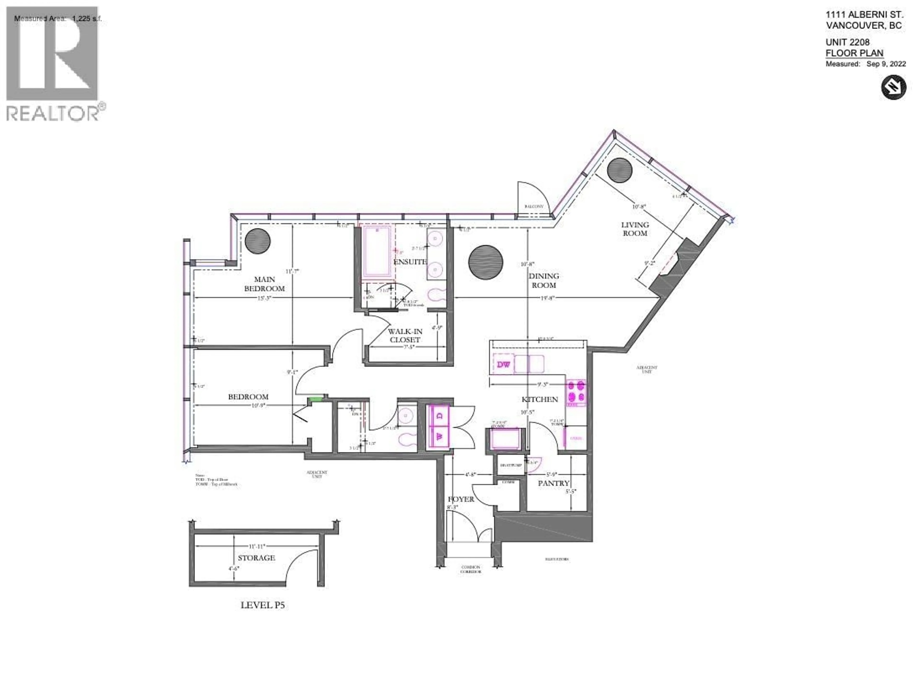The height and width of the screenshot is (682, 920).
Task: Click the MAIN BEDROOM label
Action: coord(264,284)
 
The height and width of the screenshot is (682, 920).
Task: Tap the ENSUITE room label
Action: coord(410,262)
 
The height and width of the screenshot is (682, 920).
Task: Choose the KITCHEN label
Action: coord(540,399)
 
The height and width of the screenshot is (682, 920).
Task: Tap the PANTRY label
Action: coord(553,483)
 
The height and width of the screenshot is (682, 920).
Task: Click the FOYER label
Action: coord(461,499)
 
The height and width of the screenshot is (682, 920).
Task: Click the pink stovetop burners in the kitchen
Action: coord(576,391)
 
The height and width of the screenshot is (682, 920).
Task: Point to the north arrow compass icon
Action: coord(893,87)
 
